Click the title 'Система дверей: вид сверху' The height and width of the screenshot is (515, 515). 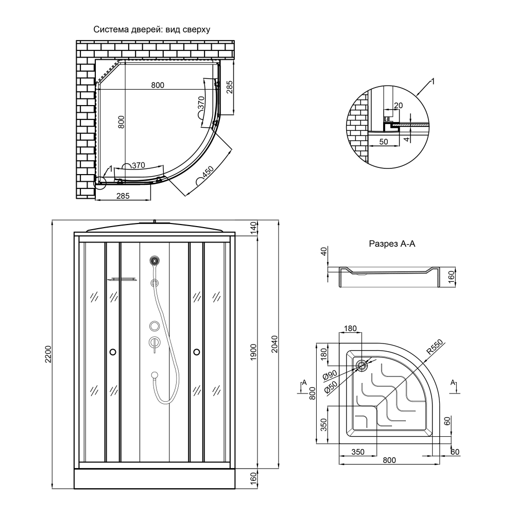point(151,30)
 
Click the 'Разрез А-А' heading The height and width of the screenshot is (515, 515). point(392,244)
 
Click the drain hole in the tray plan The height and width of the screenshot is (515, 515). point(362,366)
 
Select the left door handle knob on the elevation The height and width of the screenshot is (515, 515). point(113,352)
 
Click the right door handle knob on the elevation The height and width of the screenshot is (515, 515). point(196,352)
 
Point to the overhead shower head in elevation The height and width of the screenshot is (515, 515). point(154,261)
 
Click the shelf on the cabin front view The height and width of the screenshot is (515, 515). point(123,280)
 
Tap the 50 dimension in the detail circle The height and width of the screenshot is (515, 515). point(384,141)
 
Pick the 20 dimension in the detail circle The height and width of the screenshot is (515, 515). point(398,106)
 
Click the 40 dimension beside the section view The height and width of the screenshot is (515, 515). point(323,252)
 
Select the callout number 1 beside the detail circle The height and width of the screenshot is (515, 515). point(433,81)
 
